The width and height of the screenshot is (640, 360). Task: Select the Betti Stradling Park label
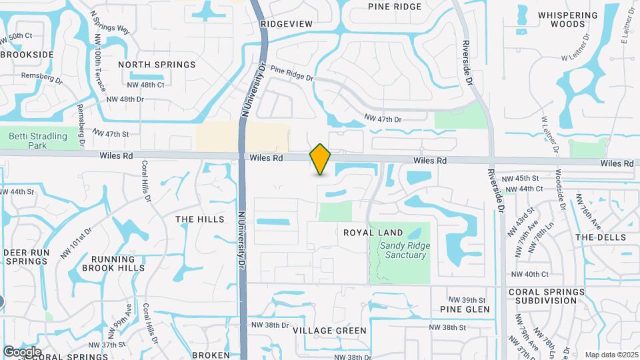click(x=38, y=140)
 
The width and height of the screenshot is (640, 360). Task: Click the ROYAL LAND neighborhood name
click(x=373, y=233)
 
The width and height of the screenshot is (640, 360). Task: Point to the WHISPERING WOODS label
click(x=568, y=19)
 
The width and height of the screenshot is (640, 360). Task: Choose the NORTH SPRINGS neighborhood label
click(x=157, y=65)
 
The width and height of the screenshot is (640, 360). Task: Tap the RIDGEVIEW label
click(x=287, y=24)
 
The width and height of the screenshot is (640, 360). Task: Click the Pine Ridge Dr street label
click(x=292, y=73)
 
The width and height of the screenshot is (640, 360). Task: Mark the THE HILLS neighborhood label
click(x=195, y=219)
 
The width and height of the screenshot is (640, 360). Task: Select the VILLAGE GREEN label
click(x=329, y=331)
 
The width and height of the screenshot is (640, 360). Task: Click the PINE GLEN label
click(x=465, y=309)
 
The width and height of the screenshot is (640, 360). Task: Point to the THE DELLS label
click(x=601, y=237)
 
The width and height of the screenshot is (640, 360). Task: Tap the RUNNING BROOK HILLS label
click(x=113, y=263)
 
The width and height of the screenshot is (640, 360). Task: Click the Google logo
click(x=22, y=351)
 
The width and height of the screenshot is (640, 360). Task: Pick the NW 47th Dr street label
click(x=383, y=119)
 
